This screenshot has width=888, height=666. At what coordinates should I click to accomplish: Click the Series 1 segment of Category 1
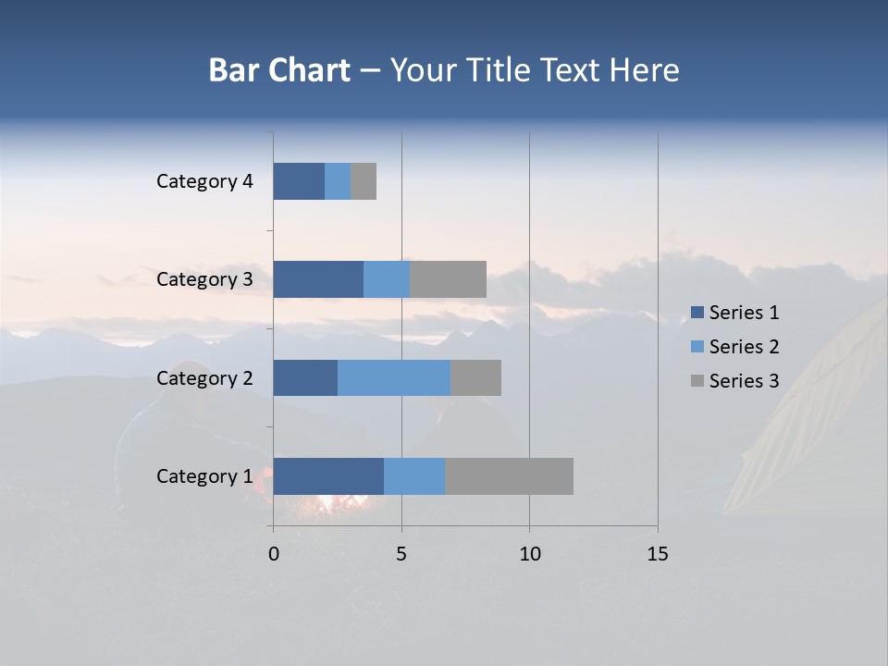coord(328,475)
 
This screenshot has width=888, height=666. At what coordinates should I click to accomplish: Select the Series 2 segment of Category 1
coord(414,475)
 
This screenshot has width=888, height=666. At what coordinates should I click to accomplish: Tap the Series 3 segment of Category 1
coord(509,475)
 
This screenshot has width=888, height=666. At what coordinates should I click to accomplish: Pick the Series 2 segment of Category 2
coord(394,377)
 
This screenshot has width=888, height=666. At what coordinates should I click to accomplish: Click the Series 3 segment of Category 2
coord(475,377)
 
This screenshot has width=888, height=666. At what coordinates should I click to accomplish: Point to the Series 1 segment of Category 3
coord(318,278)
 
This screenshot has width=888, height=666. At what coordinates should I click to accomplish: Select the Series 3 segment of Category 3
coord(448,278)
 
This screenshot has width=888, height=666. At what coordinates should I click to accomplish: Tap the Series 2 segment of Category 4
coord(338,180)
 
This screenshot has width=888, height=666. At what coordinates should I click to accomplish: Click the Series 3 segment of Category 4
coord(364,180)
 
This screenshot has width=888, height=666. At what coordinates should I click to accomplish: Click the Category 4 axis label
coord(204,181)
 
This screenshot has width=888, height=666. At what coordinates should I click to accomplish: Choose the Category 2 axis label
coord(204,378)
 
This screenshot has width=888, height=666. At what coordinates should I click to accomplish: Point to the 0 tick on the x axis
coord(274,554)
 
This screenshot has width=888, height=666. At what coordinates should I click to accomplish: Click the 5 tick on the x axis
coord(401,554)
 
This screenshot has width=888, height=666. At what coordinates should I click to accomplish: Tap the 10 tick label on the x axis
coord(529,554)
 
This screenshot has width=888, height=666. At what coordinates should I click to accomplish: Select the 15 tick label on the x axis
coord(657,554)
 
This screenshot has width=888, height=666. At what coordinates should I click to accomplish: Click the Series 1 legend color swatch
coord(697,313)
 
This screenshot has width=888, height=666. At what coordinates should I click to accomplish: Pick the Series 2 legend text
coord(744,347)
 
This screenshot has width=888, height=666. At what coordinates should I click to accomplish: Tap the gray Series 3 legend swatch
coord(697,381)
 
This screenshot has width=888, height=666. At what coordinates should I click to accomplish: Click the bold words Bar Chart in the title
coord(279,70)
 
